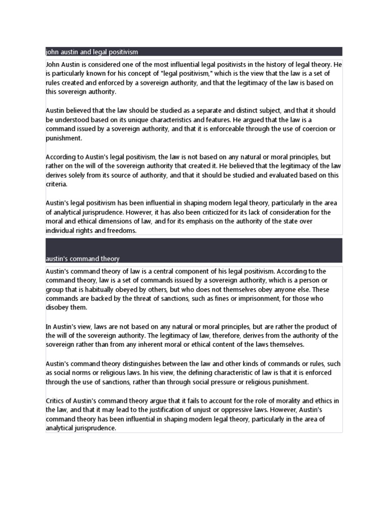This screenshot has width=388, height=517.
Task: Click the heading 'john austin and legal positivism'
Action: coord(91,52)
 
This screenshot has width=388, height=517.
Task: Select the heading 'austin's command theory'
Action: coord(82,259)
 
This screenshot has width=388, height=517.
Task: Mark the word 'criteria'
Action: coord(56,184)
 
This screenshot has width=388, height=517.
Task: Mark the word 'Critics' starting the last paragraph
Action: coord(56,401)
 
